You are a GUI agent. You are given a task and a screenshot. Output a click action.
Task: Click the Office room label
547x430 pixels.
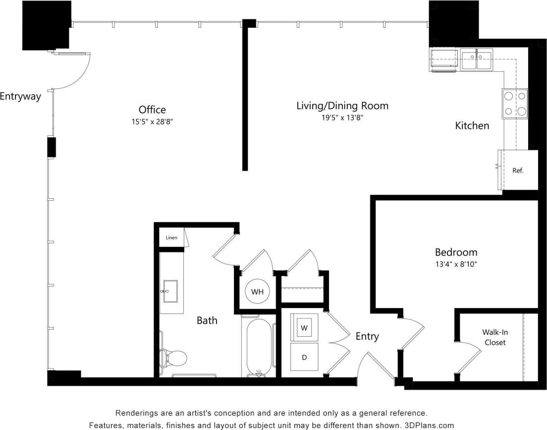(152, 109)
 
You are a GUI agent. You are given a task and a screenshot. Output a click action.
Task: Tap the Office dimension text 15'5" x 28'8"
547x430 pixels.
(152, 121)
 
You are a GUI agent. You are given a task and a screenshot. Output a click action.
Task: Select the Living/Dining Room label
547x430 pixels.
(342, 106)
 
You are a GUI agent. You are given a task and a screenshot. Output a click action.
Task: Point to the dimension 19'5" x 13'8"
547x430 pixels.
(342, 117)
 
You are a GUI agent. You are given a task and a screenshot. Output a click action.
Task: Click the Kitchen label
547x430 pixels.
(472, 126)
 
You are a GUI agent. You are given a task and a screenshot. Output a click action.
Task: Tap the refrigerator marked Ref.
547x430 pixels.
(518, 170)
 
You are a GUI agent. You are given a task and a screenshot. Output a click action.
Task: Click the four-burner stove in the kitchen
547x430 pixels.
(515, 104)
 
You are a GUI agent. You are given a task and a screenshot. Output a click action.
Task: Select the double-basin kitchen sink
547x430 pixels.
(477, 59)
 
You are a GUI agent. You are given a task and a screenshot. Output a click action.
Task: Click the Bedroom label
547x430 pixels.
(456, 252)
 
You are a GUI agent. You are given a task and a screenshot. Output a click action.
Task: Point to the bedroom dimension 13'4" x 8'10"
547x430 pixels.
(456, 264)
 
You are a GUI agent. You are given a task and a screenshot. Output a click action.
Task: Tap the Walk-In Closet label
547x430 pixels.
(494, 337)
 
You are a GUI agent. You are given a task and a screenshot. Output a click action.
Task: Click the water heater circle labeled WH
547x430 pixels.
(257, 291)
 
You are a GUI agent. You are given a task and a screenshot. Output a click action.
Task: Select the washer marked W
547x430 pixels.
(304, 327)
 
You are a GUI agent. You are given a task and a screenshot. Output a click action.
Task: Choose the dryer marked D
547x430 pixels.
(304, 357)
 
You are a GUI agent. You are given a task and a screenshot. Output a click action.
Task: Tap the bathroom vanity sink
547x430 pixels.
(170, 291)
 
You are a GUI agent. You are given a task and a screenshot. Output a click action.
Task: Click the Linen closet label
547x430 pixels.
(171, 238)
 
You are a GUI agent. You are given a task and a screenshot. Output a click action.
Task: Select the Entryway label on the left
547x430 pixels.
(20, 97)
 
